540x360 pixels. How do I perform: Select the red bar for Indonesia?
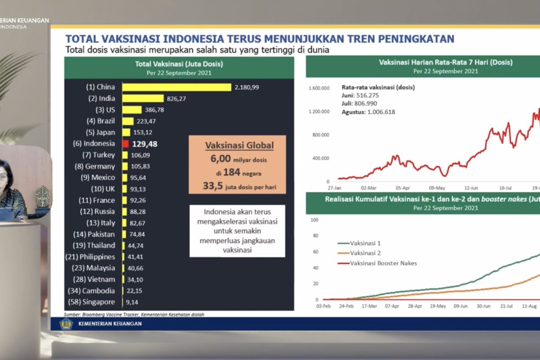click(126, 144)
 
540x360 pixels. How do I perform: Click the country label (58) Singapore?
click(91, 302)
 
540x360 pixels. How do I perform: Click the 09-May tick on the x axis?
click(437, 189)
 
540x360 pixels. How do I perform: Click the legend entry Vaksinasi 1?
click(365, 243)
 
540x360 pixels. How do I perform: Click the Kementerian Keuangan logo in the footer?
click(66, 324)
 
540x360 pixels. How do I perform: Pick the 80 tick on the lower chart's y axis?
click(315, 236)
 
